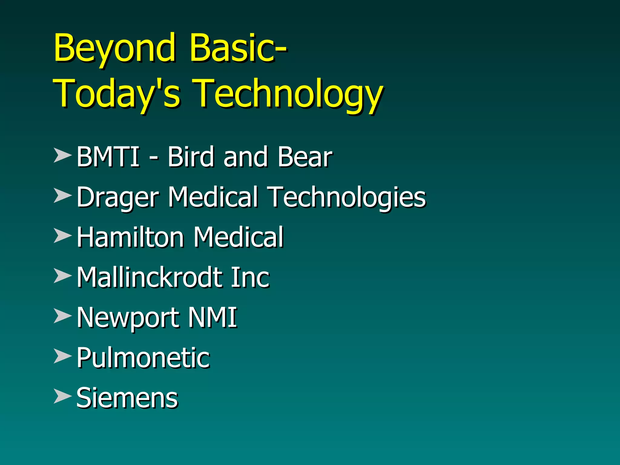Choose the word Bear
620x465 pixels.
tap(305, 157)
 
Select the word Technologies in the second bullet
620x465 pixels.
tap(348, 197)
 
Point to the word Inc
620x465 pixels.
tap(250, 277)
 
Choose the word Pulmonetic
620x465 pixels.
tap(143, 358)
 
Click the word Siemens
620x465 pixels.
tap(127, 398)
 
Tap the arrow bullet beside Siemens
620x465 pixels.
tap(62, 396)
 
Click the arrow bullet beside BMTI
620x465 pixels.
tap(62, 155)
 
